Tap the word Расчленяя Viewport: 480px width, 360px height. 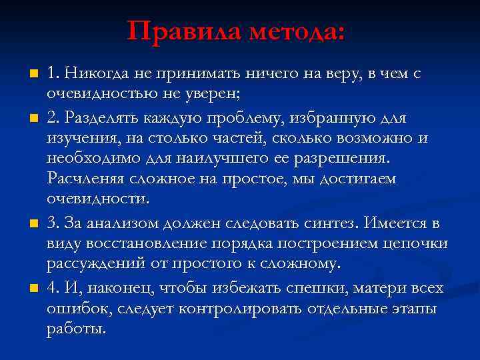coord(83,180)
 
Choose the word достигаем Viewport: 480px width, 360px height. coord(358,180)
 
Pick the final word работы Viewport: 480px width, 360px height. coord(76,330)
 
